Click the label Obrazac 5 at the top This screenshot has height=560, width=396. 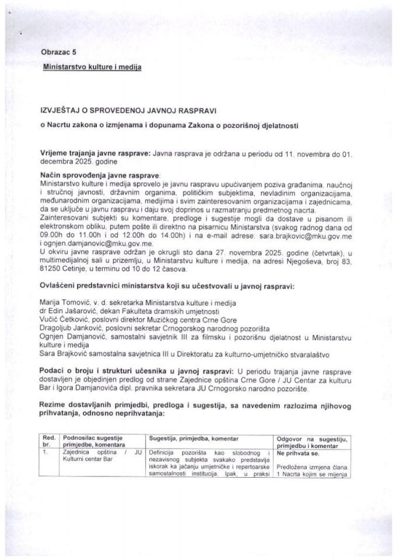click(59, 52)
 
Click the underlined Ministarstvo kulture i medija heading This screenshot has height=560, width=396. click(92, 67)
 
